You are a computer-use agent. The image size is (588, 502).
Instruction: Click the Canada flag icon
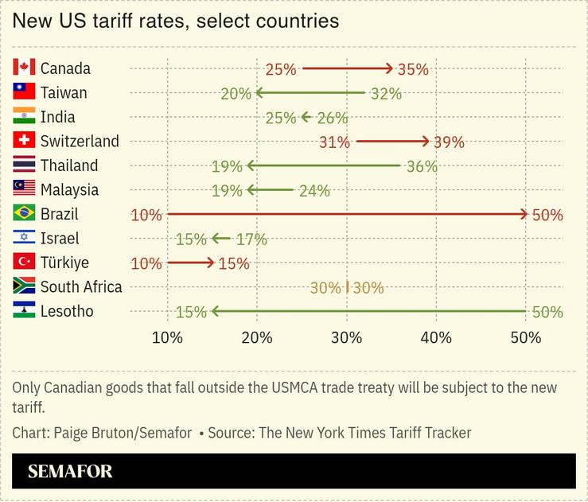click(24, 68)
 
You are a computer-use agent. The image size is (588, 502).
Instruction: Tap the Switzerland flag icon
click(24, 141)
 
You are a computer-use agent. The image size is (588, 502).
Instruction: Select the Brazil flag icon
click(24, 213)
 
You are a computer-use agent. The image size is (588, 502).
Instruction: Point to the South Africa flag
click(24, 286)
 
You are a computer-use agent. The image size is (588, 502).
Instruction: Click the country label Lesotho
click(67, 311)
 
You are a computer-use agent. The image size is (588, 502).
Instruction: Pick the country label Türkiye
click(64, 263)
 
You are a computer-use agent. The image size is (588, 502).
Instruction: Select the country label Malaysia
click(69, 189)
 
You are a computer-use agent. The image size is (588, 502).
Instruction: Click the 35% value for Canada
click(413, 69)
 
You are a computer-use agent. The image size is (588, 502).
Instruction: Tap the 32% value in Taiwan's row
click(386, 93)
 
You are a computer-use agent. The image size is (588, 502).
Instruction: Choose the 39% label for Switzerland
click(449, 142)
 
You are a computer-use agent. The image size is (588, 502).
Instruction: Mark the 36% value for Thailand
click(422, 166)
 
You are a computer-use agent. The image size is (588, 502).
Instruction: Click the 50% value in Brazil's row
click(547, 215)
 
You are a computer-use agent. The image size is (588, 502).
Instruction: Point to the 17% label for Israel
click(251, 239)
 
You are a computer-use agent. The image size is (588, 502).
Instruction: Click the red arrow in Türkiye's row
click(190, 263)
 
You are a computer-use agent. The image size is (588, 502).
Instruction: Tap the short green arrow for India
click(306, 117)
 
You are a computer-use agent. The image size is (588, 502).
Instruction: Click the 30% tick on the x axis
click(346, 337)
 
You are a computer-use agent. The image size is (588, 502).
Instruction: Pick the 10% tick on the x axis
click(167, 337)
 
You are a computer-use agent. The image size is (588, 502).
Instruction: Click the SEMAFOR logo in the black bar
click(70, 471)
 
